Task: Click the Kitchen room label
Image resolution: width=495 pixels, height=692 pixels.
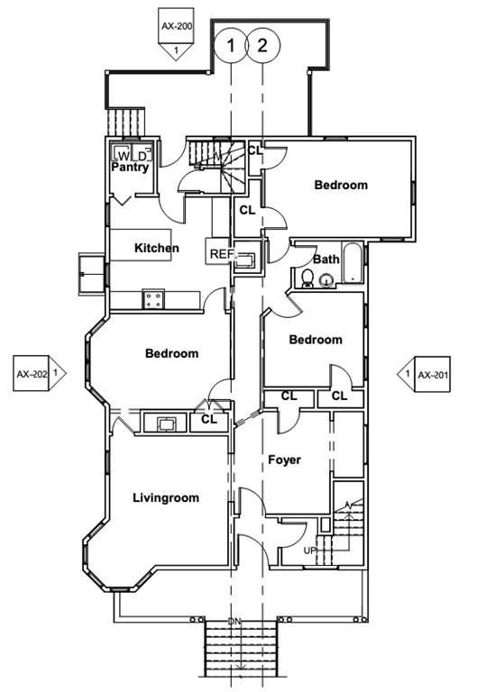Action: click(x=157, y=248)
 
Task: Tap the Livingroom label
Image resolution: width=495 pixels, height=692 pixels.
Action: click(x=166, y=497)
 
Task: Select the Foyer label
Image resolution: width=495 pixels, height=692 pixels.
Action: click(x=284, y=460)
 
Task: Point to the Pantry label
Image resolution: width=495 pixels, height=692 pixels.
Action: click(x=130, y=167)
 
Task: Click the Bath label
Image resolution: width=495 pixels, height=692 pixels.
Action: click(x=326, y=259)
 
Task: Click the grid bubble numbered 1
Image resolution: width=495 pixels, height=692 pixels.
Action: click(x=230, y=45)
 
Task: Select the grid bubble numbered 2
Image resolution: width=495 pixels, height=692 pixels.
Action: click(x=262, y=45)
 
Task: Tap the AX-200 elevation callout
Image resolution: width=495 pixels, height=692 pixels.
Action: click(x=176, y=33)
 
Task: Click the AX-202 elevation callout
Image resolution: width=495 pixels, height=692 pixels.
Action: click(x=40, y=373)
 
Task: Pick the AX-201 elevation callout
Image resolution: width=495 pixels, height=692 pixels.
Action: click(x=424, y=374)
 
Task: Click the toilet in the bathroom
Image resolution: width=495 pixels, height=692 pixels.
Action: click(x=307, y=278)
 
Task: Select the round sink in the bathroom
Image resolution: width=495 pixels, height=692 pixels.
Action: click(x=326, y=280)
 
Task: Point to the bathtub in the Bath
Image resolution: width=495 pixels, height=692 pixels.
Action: click(x=353, y=263)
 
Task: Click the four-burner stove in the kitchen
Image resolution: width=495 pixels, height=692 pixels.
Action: click(x=153, y=300)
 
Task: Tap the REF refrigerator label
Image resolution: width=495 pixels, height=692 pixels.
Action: click(x=221, y=254)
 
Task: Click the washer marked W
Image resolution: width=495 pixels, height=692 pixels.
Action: click(x=122, y=154)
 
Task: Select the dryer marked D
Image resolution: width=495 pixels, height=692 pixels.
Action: click(x=142, y=154)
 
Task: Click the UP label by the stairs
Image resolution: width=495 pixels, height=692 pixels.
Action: click(x=310, y=551)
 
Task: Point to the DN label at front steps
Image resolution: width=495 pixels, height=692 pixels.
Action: click(x=234, y=621)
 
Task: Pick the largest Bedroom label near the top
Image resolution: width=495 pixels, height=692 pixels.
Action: click(x=341, y=185)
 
